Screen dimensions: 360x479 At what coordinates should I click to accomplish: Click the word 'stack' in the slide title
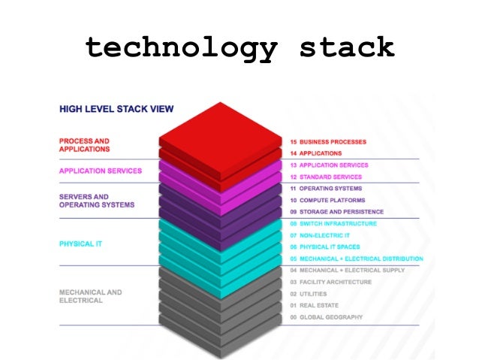click(346, 47)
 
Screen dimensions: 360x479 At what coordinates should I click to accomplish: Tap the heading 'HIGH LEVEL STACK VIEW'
click(116, 110)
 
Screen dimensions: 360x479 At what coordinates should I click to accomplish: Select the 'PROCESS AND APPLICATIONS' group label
click(84, 145)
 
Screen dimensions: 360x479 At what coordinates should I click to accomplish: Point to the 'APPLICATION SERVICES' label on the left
click(100, 171)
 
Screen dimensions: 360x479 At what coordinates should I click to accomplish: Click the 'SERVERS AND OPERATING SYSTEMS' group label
click(96, 200)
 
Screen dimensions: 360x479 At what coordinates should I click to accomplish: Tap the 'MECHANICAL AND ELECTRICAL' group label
click(90, 296)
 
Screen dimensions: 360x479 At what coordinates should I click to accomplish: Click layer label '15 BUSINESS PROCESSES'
click(333, 141)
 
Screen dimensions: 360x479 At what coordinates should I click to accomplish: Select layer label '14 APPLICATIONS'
click(316, 153)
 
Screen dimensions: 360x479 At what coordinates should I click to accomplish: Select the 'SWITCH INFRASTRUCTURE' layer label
click(338, 224)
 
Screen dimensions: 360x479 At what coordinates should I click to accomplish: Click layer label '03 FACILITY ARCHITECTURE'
click(330, 282)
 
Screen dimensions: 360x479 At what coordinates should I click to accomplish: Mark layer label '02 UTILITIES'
click(311, 294)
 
